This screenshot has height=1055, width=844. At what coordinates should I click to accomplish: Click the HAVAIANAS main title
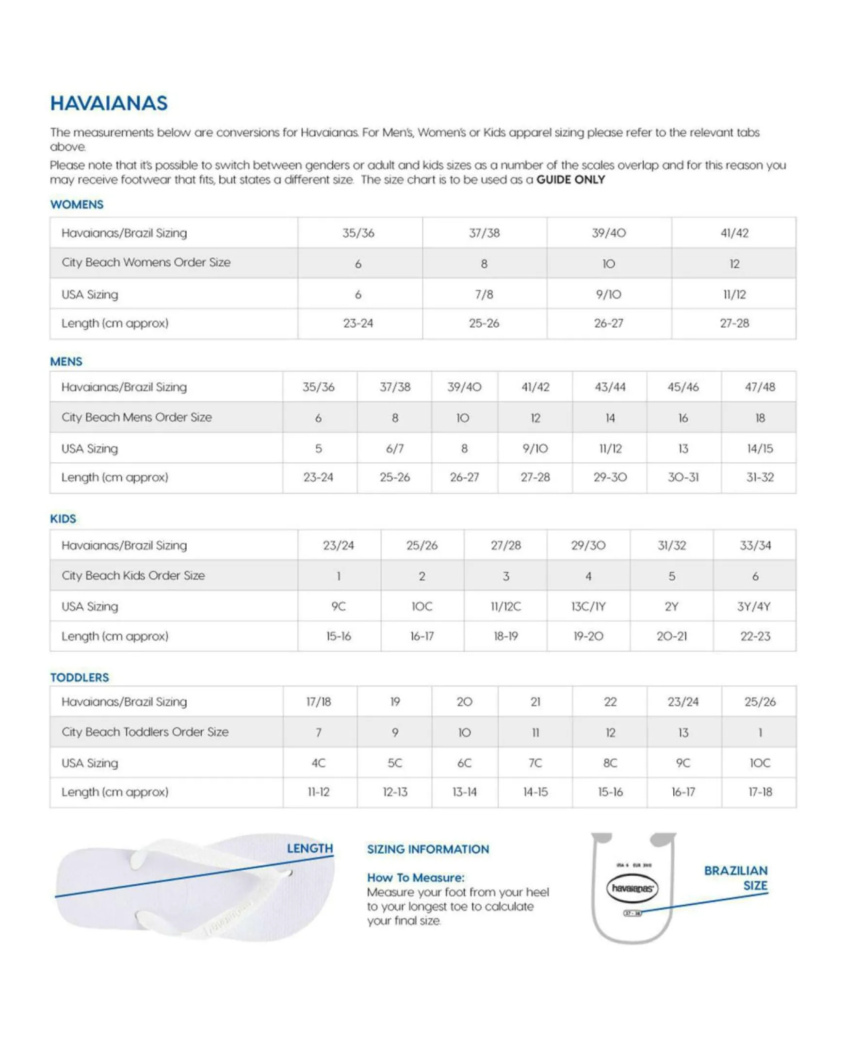109,103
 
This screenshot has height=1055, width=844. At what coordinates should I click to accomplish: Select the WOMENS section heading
77,205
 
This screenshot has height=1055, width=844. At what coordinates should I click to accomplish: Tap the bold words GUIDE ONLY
570,179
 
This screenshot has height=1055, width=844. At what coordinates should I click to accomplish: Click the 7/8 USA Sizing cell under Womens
484,294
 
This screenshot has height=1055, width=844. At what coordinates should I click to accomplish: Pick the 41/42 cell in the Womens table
734,233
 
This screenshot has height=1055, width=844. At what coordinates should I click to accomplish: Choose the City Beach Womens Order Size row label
146,263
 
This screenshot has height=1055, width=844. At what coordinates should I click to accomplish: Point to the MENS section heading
66,362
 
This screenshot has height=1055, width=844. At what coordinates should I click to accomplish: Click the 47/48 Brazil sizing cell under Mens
759,387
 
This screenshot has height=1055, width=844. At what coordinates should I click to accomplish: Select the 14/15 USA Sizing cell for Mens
759,449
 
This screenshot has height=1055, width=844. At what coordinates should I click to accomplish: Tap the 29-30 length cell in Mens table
610,477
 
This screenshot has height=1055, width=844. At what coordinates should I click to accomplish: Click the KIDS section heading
63,519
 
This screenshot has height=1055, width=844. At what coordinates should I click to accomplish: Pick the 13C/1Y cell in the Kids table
588,607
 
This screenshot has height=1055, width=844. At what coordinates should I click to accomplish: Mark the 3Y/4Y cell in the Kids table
754,607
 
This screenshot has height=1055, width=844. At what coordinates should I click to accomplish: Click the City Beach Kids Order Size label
133,576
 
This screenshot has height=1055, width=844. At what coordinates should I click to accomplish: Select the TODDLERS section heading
79,677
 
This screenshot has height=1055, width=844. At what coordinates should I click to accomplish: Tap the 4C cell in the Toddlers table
319,763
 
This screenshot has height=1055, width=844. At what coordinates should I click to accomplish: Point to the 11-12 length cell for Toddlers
319,792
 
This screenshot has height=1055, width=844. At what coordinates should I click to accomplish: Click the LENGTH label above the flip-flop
310,848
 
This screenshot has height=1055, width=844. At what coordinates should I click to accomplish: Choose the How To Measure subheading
415,877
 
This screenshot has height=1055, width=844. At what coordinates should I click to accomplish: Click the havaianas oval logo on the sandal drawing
632,888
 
